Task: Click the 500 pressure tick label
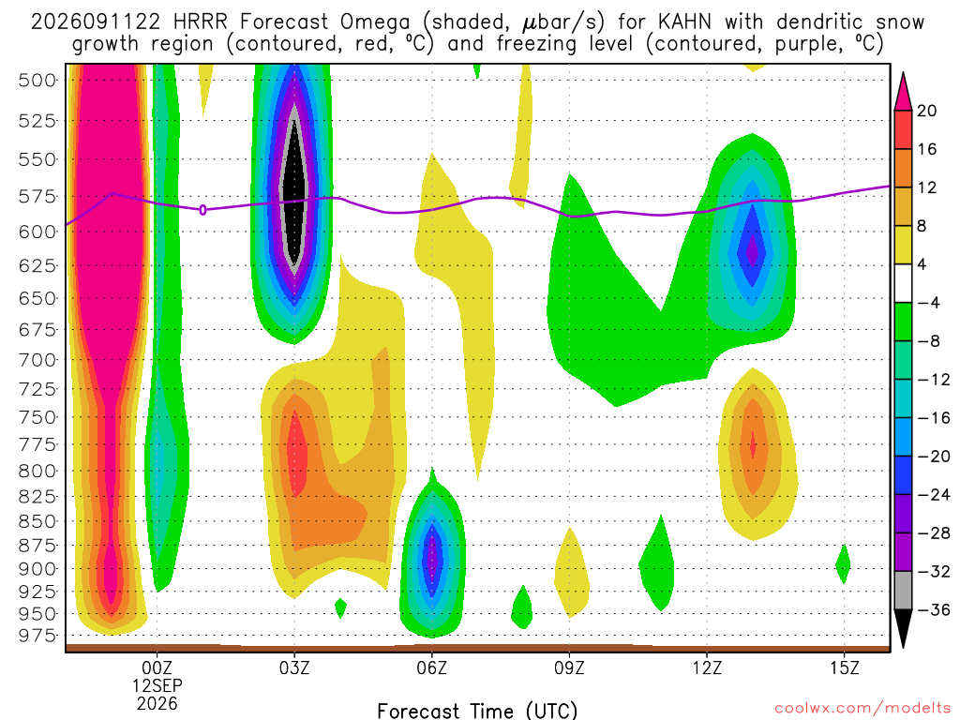(x=37, y=81)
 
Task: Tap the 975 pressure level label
(x=37, y=636)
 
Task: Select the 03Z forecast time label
(x=294, y=667)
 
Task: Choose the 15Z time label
(x=845, y=667)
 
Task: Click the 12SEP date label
(x=157, y=685)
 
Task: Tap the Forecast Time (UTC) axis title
(x=477, y=711)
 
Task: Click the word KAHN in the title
(x=684, y=22)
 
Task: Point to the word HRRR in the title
(x=201, y=22)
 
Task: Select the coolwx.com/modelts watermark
(x=862, y=709)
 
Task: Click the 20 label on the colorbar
(x=927, y=111)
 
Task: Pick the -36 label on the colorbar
(x=933, y=609)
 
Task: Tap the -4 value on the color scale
(x=929, y=303)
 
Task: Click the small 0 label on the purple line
(x=202, y=210)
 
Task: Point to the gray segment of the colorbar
(x=903, y=591)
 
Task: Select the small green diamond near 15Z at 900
(x=843, y=563)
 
